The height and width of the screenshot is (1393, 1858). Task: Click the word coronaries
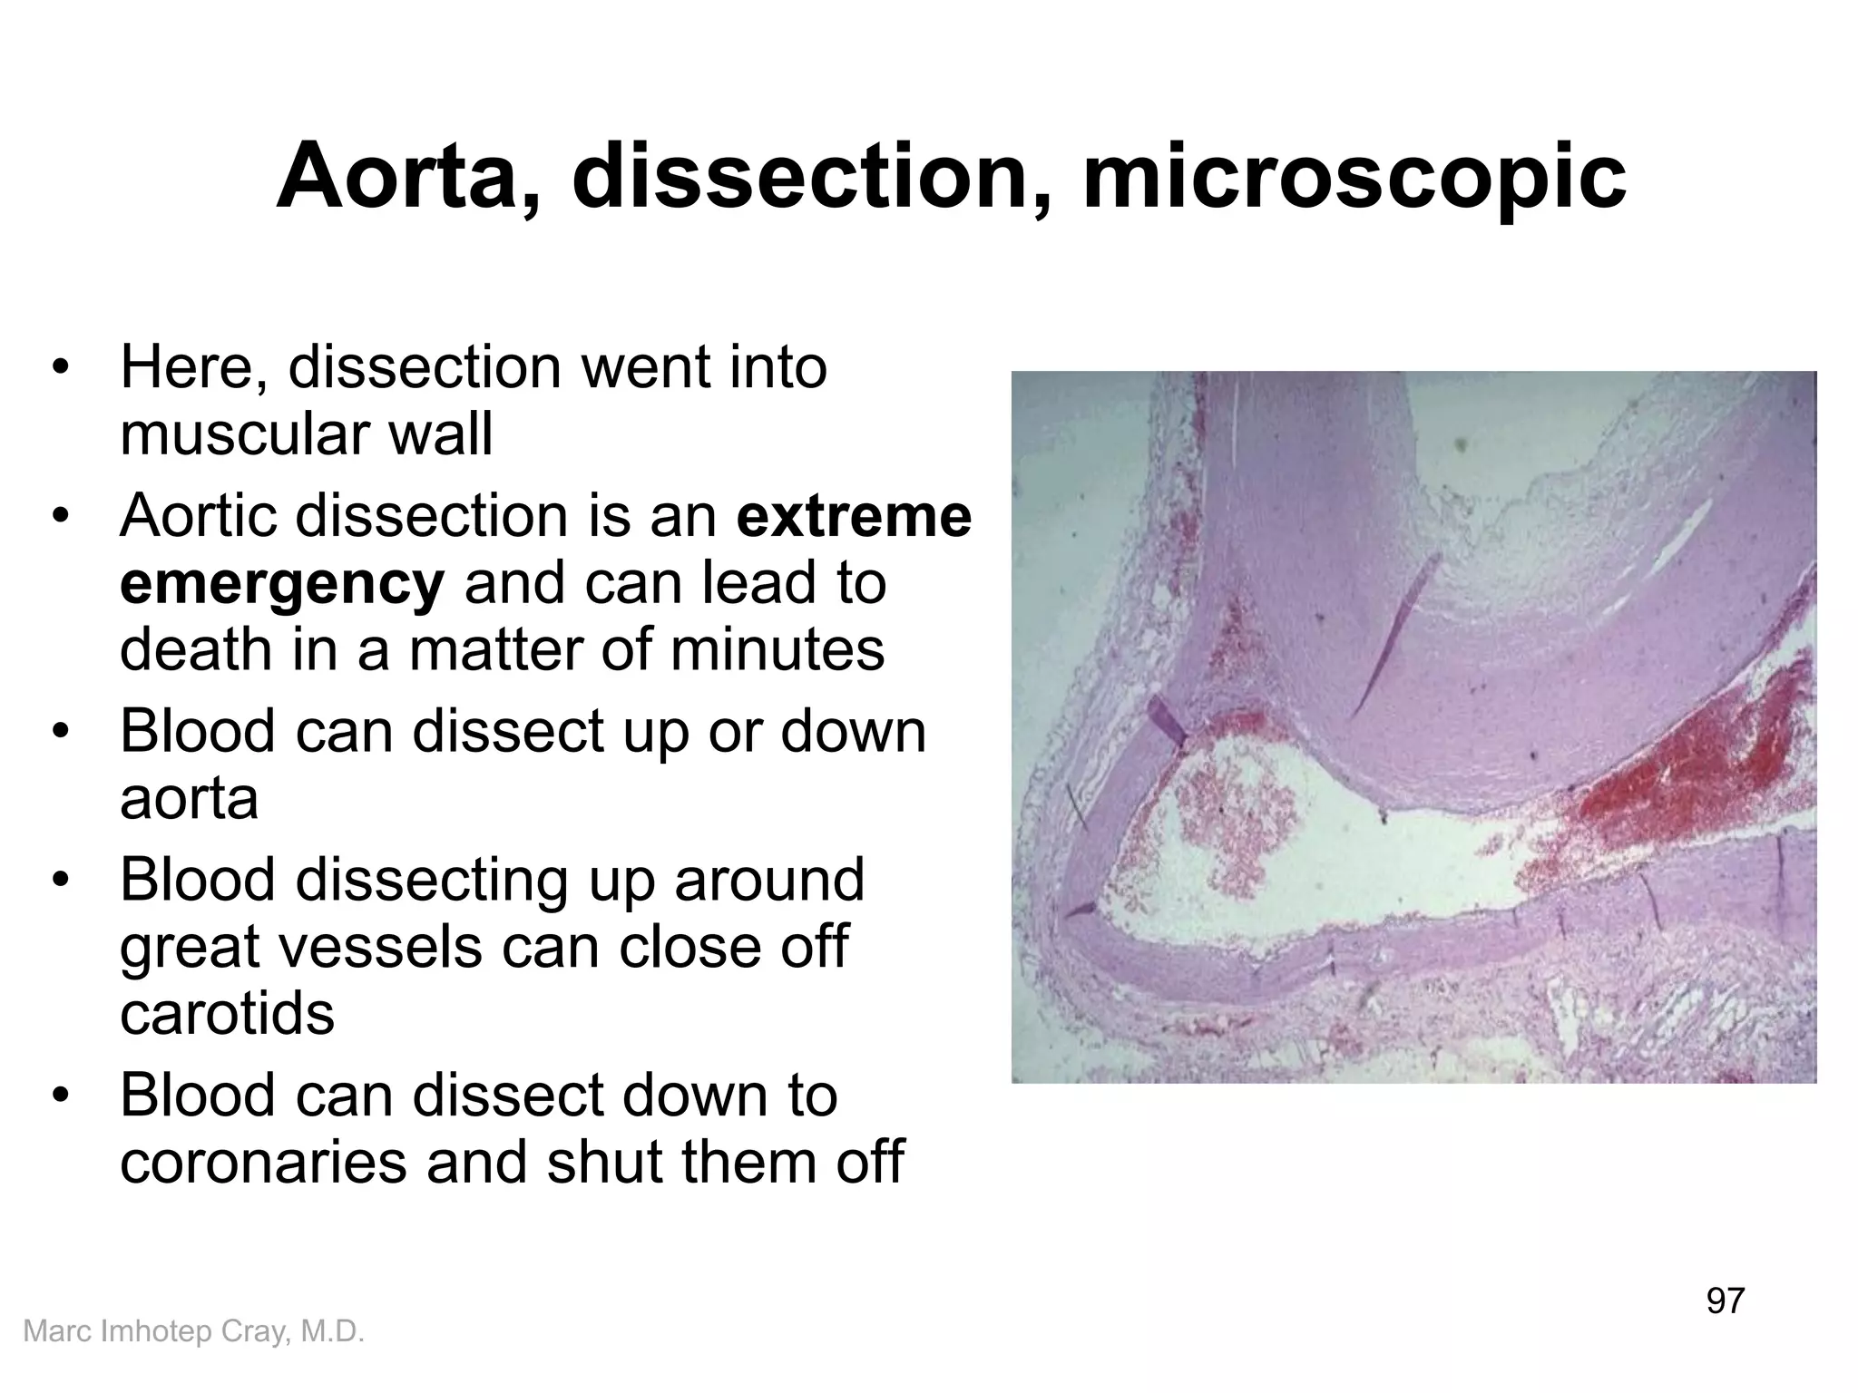[263, 1162]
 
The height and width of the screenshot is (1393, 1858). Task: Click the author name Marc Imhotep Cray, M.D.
[193, 1331]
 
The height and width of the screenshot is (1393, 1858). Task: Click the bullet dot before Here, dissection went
[61, 368]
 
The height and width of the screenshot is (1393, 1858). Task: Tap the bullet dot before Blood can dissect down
[61, 1096]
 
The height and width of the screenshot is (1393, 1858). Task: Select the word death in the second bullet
[196, 649]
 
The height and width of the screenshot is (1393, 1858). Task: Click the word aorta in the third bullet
[189, 798]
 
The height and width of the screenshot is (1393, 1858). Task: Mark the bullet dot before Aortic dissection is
[61, 517]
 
